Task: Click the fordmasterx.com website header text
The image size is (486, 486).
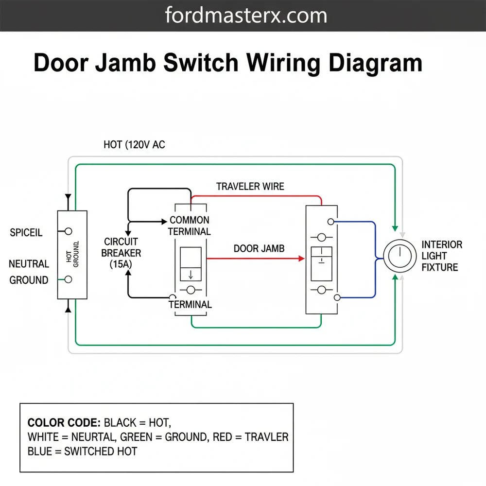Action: (x=246, y=16)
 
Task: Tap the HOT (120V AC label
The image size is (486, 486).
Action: (x=134, y=145)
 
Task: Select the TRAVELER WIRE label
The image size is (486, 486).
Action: (x=250, y=187)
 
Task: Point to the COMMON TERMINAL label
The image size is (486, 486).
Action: (x=190, y=226)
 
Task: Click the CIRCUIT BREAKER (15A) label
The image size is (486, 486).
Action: (x=121, y=253)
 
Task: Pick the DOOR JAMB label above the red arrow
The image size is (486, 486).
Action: (x=259, y=249)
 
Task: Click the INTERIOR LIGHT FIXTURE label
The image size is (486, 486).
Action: (x=441, y=256)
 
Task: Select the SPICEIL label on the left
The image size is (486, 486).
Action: (x=26, y=233)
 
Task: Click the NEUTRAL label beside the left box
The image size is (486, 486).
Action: (x=29, y=264)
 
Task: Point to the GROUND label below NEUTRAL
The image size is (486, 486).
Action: (x=29, y=280)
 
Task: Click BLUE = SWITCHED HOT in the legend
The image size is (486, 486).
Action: (x=82, y=451)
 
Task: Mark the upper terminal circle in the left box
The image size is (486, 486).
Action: (x=69, y=231)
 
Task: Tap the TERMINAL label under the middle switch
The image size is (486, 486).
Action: (x=190, y=305)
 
